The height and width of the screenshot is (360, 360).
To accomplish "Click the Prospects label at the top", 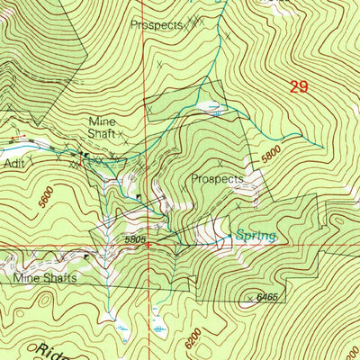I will pyautogui.click(x=156, y=24).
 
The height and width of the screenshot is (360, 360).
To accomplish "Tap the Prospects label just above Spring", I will pyautogui.click(x=217, y=179).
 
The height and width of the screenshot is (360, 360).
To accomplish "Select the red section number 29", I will pyautogui.click(x=299, y=87).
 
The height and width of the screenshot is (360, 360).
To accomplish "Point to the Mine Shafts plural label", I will pyautogui.click(x=44, y=278).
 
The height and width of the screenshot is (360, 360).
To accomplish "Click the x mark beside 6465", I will pyautogui.click(x=249, y=297).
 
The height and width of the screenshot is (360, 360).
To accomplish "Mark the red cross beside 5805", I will pyautogui.click(x=150, y=243).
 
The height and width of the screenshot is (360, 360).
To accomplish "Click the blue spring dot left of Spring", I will pyautogui.click(x=229, y=237).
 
